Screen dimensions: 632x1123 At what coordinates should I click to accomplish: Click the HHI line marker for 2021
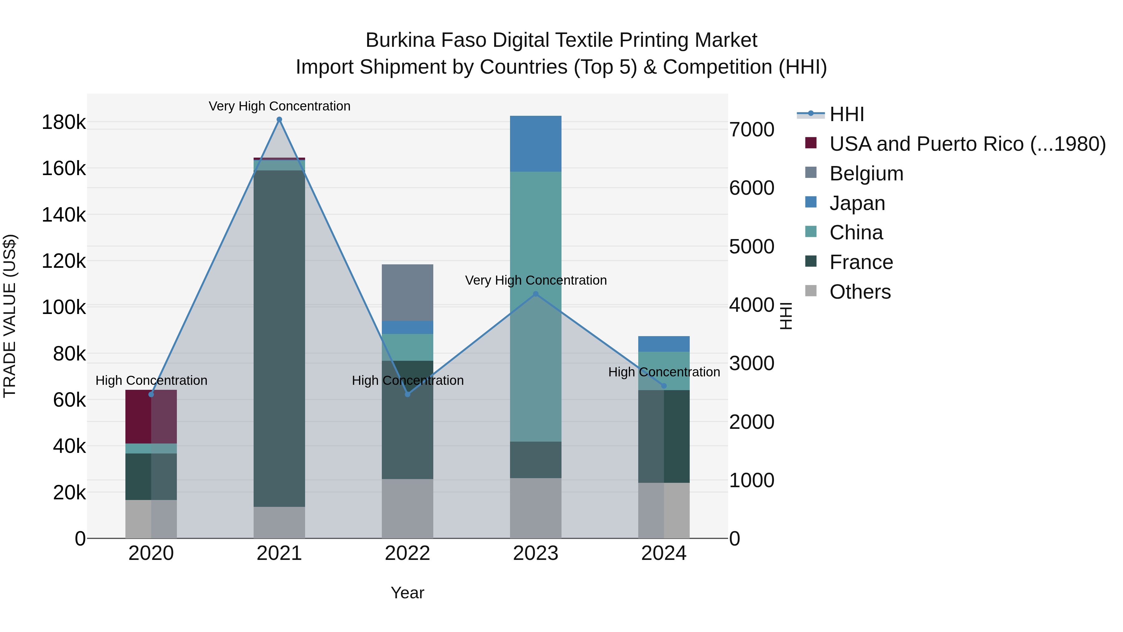(x=280, y=120)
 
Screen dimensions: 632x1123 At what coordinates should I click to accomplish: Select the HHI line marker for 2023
(x=536, y=294)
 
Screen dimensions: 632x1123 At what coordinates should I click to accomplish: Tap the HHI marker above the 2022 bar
(x=408, y=394)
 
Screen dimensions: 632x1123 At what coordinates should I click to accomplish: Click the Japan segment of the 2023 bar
(x=536, y=144)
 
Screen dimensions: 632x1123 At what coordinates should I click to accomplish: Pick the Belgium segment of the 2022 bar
(x=408, y=292)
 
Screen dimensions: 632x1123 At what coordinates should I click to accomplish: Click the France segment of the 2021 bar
(x=280, y=338)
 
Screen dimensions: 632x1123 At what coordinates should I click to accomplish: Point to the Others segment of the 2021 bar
(x=280, y=522)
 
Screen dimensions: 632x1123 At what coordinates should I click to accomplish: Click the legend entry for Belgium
(x=866, y=174)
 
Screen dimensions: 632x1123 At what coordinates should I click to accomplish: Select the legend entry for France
(x=861, y=262)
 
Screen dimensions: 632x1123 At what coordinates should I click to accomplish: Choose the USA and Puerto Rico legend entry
(x=967, y=144)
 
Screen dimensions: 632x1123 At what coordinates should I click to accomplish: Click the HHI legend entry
(x=847, y=114)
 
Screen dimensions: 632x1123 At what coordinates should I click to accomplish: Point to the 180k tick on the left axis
(x=64, y=122)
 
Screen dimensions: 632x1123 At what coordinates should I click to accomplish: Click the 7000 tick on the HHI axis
(x=751, y=130)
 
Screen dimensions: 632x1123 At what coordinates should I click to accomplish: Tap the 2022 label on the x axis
(x=408, y=553)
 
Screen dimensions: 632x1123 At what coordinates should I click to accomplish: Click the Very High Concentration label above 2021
(x=280, y=106)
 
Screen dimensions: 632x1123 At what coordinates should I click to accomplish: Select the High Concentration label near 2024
(x=664, y=372)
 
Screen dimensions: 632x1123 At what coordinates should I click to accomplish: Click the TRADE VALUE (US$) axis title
(x=10, y=316)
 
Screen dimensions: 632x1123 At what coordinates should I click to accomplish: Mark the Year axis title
(x=408, y=593)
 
